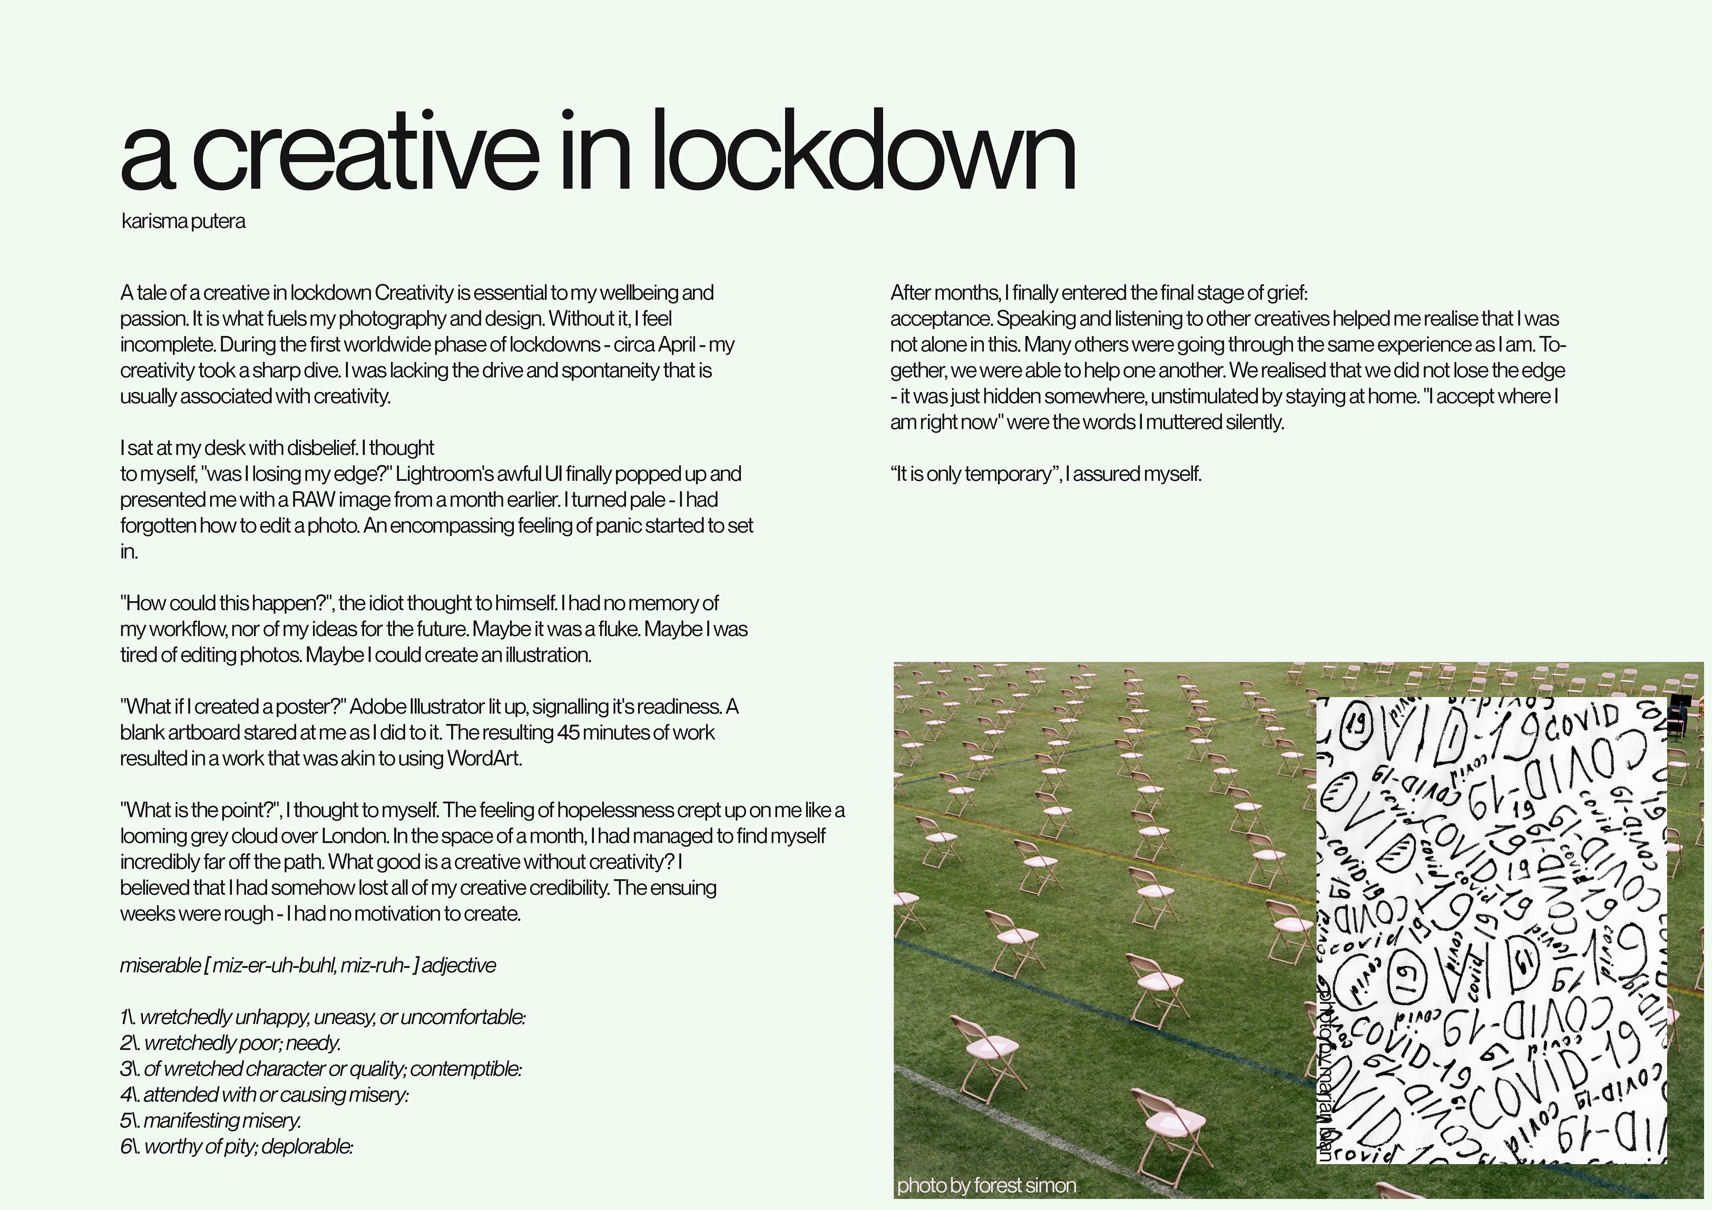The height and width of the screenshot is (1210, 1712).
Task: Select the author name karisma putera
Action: [183, 221]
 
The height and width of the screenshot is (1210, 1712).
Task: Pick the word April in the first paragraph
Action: [678, 345]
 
